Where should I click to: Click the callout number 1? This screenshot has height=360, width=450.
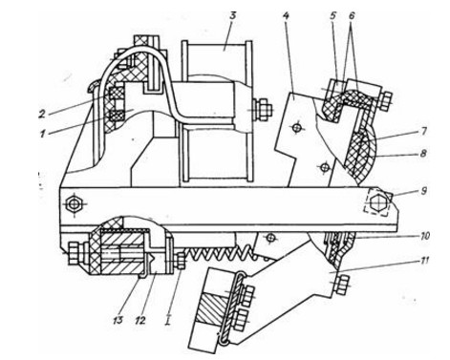(42, 134)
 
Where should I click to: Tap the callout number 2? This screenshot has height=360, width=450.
(42, 114)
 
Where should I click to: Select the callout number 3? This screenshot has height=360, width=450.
(233, 16)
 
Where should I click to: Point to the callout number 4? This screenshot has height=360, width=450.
(286, 16)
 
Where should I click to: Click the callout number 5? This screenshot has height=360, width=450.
(333, 16)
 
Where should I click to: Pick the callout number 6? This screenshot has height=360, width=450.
(352, 16)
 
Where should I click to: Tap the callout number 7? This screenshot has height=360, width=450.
(423, 131)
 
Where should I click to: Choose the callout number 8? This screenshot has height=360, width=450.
(423, 154)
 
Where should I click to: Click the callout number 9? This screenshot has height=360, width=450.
(423, 191)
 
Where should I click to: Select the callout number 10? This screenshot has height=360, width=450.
(423, 236)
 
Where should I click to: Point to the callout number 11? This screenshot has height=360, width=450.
(423, 261)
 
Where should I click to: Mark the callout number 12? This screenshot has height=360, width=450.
(139, 320)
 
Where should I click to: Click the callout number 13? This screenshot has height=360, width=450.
(118, 320)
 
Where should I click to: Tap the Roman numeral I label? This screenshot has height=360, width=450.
(168, 319)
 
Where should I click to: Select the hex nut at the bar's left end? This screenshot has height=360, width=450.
(75, 203)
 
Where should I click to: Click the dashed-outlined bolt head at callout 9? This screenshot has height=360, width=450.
(377, 202)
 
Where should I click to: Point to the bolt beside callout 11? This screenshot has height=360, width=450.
(341, 285)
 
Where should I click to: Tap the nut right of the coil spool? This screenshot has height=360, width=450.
(263, 110)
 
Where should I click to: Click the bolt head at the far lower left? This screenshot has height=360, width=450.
(75, 254)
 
